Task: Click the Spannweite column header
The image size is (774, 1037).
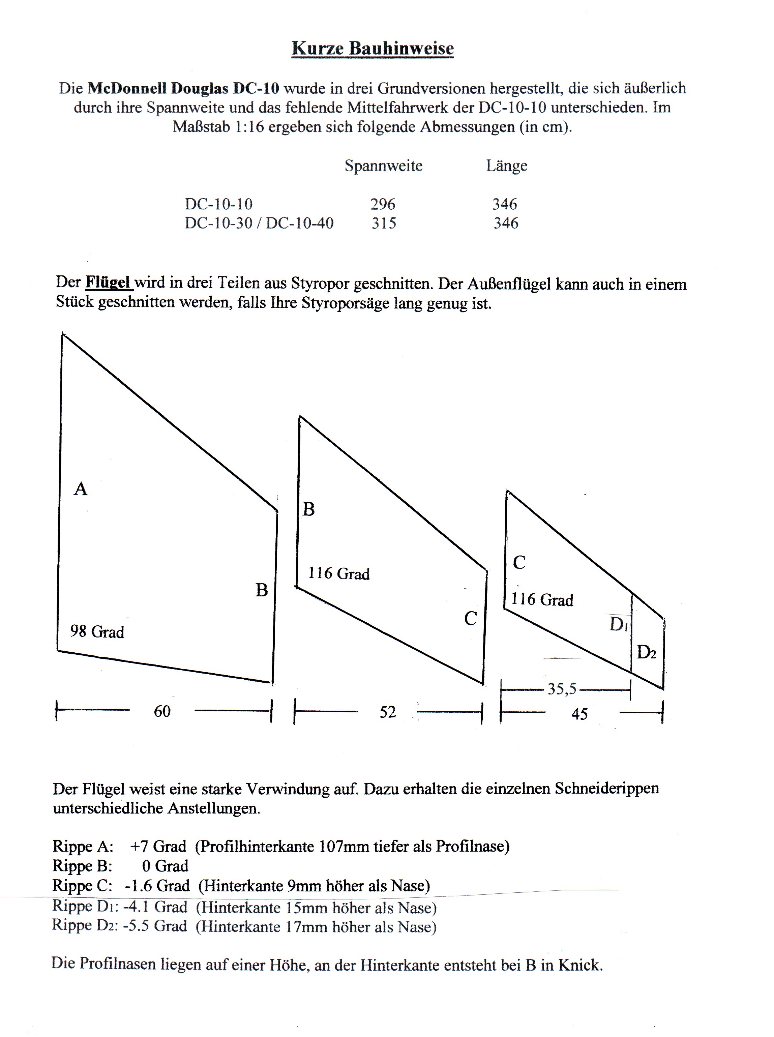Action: tap(383, 166)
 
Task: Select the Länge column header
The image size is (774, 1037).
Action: tap(506, 166)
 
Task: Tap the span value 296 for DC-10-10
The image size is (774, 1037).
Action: tap(383, 204)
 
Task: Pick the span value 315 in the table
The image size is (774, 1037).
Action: tap(384, 223)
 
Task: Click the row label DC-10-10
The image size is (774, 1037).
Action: tap(218, 204)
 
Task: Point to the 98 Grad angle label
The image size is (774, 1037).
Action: tap(97, 632)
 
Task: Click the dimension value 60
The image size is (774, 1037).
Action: tap(162, 711)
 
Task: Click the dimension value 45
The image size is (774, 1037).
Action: tap(579, 714)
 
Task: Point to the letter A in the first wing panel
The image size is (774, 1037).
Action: tap(81, 489)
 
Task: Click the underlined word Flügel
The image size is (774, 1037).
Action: tap(108, 283)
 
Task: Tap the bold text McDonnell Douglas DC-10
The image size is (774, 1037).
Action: tap(183, 88)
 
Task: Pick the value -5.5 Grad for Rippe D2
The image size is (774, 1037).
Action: tap(155, 926)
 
